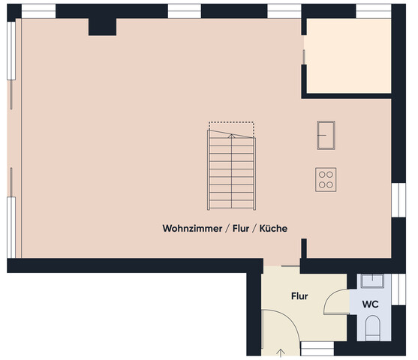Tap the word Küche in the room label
pos(274,228)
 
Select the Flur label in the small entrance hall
pos(299,296)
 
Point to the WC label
pos(370,304)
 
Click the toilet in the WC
pos(372,327)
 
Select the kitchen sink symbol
pos(326,135)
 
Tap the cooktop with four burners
pos(326,178)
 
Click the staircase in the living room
pos(232,172)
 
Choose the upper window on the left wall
pos(11,49)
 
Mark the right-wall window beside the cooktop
pos(396,199)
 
